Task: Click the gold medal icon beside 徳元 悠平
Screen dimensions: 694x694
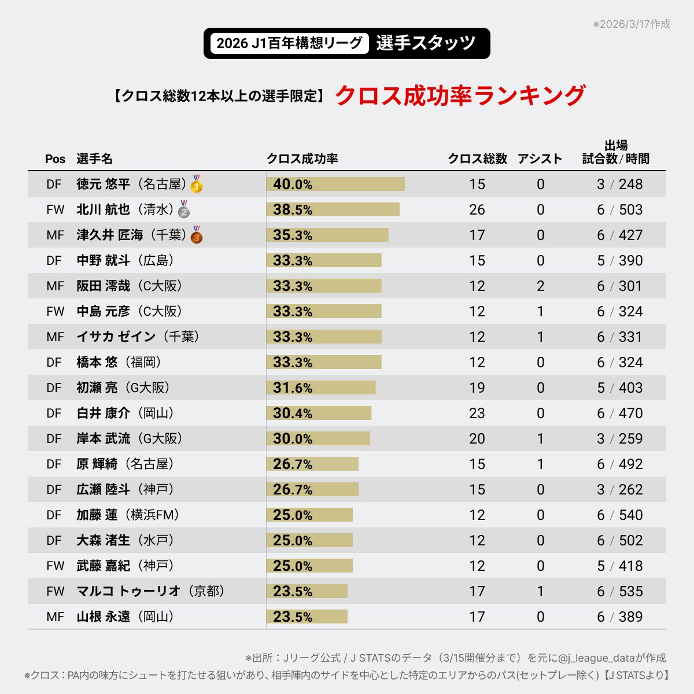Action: [x=197, y=184]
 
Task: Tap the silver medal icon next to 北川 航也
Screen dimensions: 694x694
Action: [x=184, y=209]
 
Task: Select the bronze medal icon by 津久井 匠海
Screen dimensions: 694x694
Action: [x=197, y=235]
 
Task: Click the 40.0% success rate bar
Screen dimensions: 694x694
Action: [x=335, y=184]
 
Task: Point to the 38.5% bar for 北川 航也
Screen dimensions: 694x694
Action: [x=333, y=209]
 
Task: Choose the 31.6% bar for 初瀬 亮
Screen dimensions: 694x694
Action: [x=321, y=387]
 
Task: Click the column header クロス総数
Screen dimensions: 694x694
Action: [x=477, y=158]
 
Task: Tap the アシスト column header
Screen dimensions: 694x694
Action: [x=540, y=158]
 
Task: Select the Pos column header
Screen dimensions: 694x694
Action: [x=56, y=159]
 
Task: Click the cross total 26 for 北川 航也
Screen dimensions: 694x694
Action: [x=477, y=209]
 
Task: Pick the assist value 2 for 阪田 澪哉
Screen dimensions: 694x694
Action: [x=540, y=286]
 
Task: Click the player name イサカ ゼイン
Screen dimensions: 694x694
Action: [x=116, y=337]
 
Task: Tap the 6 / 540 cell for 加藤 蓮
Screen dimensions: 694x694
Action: [x=619, y=515]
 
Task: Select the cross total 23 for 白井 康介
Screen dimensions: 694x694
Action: [x=477, y=413]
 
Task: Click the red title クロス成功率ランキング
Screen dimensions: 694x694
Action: [x=460, y=95]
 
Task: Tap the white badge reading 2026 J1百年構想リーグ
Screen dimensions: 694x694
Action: [x=289, y=43]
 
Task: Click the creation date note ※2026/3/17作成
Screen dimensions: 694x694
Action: [x=632, y=24]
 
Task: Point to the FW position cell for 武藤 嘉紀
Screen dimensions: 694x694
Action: [x=55, y=566]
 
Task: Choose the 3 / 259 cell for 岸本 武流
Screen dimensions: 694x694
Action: [x=619, y=438]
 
